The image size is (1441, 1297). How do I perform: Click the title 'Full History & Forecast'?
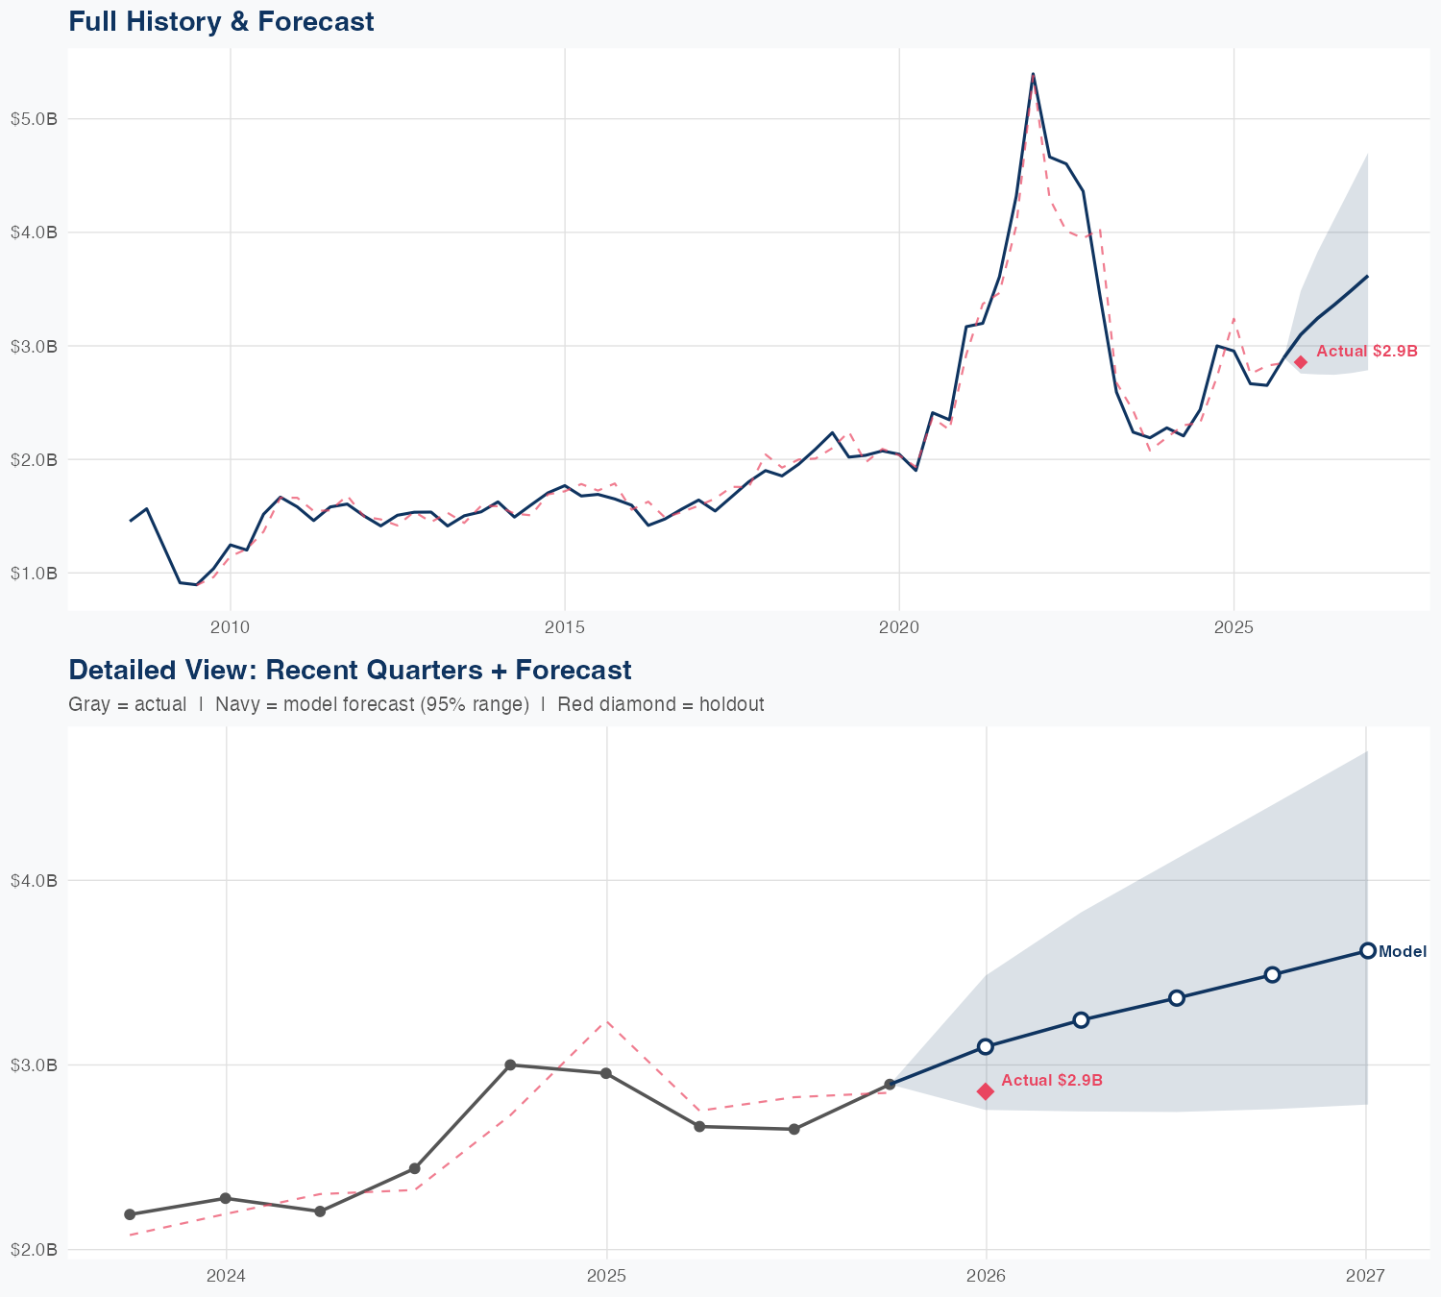click(x=221, y=21)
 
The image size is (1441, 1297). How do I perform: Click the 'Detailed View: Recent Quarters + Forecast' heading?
click(x=350, y=670)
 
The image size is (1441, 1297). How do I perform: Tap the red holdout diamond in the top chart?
click(x=1300, y=362)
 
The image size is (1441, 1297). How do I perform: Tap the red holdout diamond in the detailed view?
click(x=986, y=1091)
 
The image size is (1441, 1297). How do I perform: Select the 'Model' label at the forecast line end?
click(x=1402, y=952)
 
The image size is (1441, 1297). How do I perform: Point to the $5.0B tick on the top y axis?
click(x=34, y=119)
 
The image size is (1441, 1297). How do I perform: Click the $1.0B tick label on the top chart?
click(x=34, y=574)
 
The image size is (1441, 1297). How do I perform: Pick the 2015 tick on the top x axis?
click(x=564, y=627)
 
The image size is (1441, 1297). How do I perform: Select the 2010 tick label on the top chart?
click(x=230, y=627)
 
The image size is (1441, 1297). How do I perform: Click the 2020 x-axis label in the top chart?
click(x=899, y=627)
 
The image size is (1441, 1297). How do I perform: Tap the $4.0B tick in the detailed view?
click(x=34, y=881)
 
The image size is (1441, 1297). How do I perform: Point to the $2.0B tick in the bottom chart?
click(x=34, y=1250)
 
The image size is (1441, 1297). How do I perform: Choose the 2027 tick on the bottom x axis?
click(x=1365, y=1276)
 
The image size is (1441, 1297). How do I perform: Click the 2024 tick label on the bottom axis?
click(x=227, y=1276)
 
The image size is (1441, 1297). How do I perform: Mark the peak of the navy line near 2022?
click(x=1033, y=74)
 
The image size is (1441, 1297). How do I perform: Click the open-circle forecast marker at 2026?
click(x=986, y=1046)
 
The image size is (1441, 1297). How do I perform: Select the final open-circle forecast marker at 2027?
click(x=1367, y=951)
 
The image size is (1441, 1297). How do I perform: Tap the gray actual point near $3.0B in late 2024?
click(x=510, y=1065)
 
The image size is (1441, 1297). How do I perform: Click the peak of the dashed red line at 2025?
click(x=606, y=1022)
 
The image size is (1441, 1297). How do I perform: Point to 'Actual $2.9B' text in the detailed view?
click(x=1052, y=1080)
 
